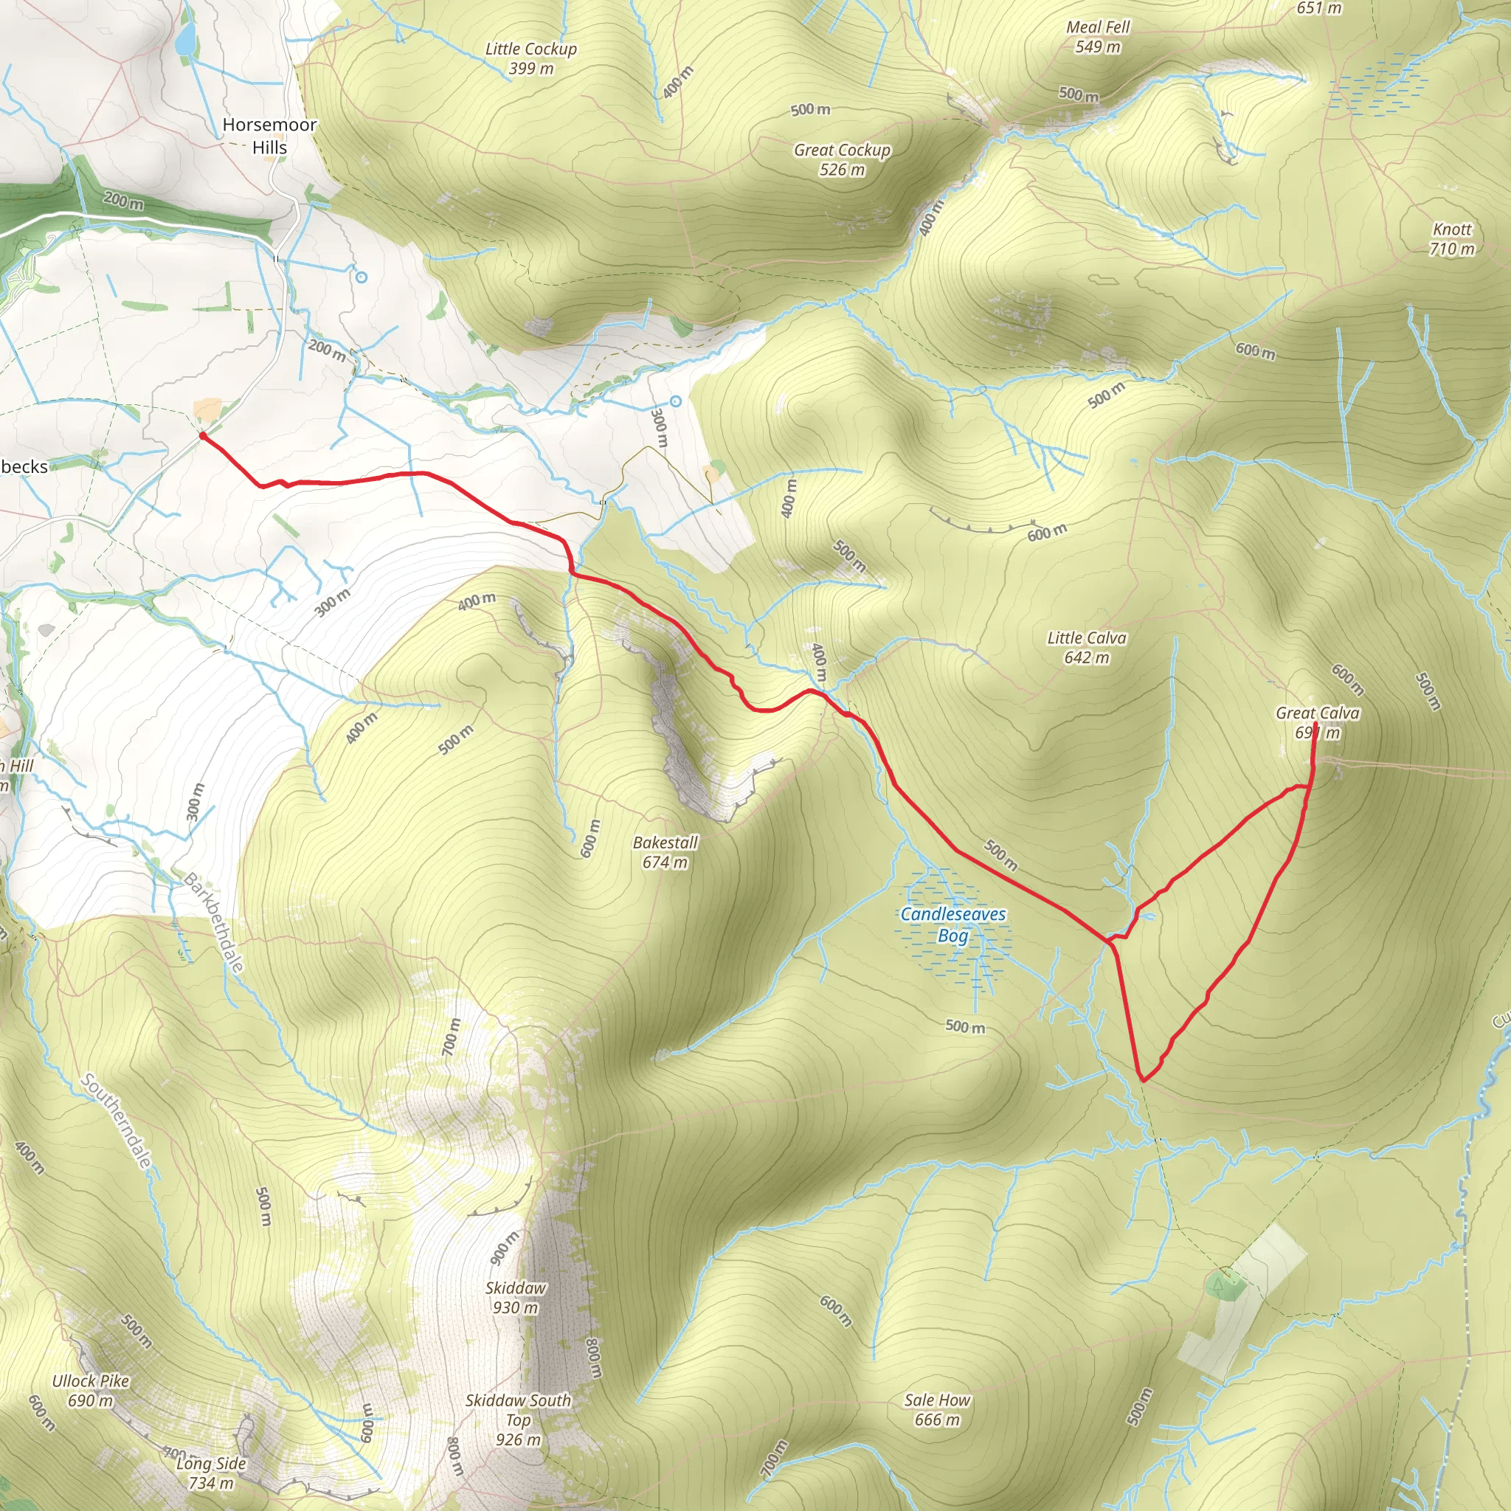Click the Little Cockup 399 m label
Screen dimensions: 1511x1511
tap(531, 59)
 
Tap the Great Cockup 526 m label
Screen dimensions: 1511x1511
tap(843, 159)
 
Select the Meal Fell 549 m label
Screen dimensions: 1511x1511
tap(1098, 37)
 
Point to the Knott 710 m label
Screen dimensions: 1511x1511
tap(1451, 238)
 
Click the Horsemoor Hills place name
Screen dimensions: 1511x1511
tap(270, 136)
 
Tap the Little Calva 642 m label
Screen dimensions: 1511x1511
tap(1086, 648)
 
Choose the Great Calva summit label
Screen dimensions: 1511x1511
tap(1318, 722)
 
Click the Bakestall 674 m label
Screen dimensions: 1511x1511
tap(665, 851)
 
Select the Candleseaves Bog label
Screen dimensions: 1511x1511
tap(952, 924)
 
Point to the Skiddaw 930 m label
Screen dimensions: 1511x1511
tap(516, 1298)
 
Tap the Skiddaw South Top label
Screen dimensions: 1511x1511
tap(518, 1420)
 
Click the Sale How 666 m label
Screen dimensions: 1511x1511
tap(937, 1409)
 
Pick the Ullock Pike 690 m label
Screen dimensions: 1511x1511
tap(91, 1391)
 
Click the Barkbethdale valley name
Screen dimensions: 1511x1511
tap(213, 922)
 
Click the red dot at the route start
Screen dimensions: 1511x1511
tap(203, 435)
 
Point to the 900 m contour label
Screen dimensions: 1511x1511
tap(504, 1248)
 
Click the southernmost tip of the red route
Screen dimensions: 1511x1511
tap(1144, 1080)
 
